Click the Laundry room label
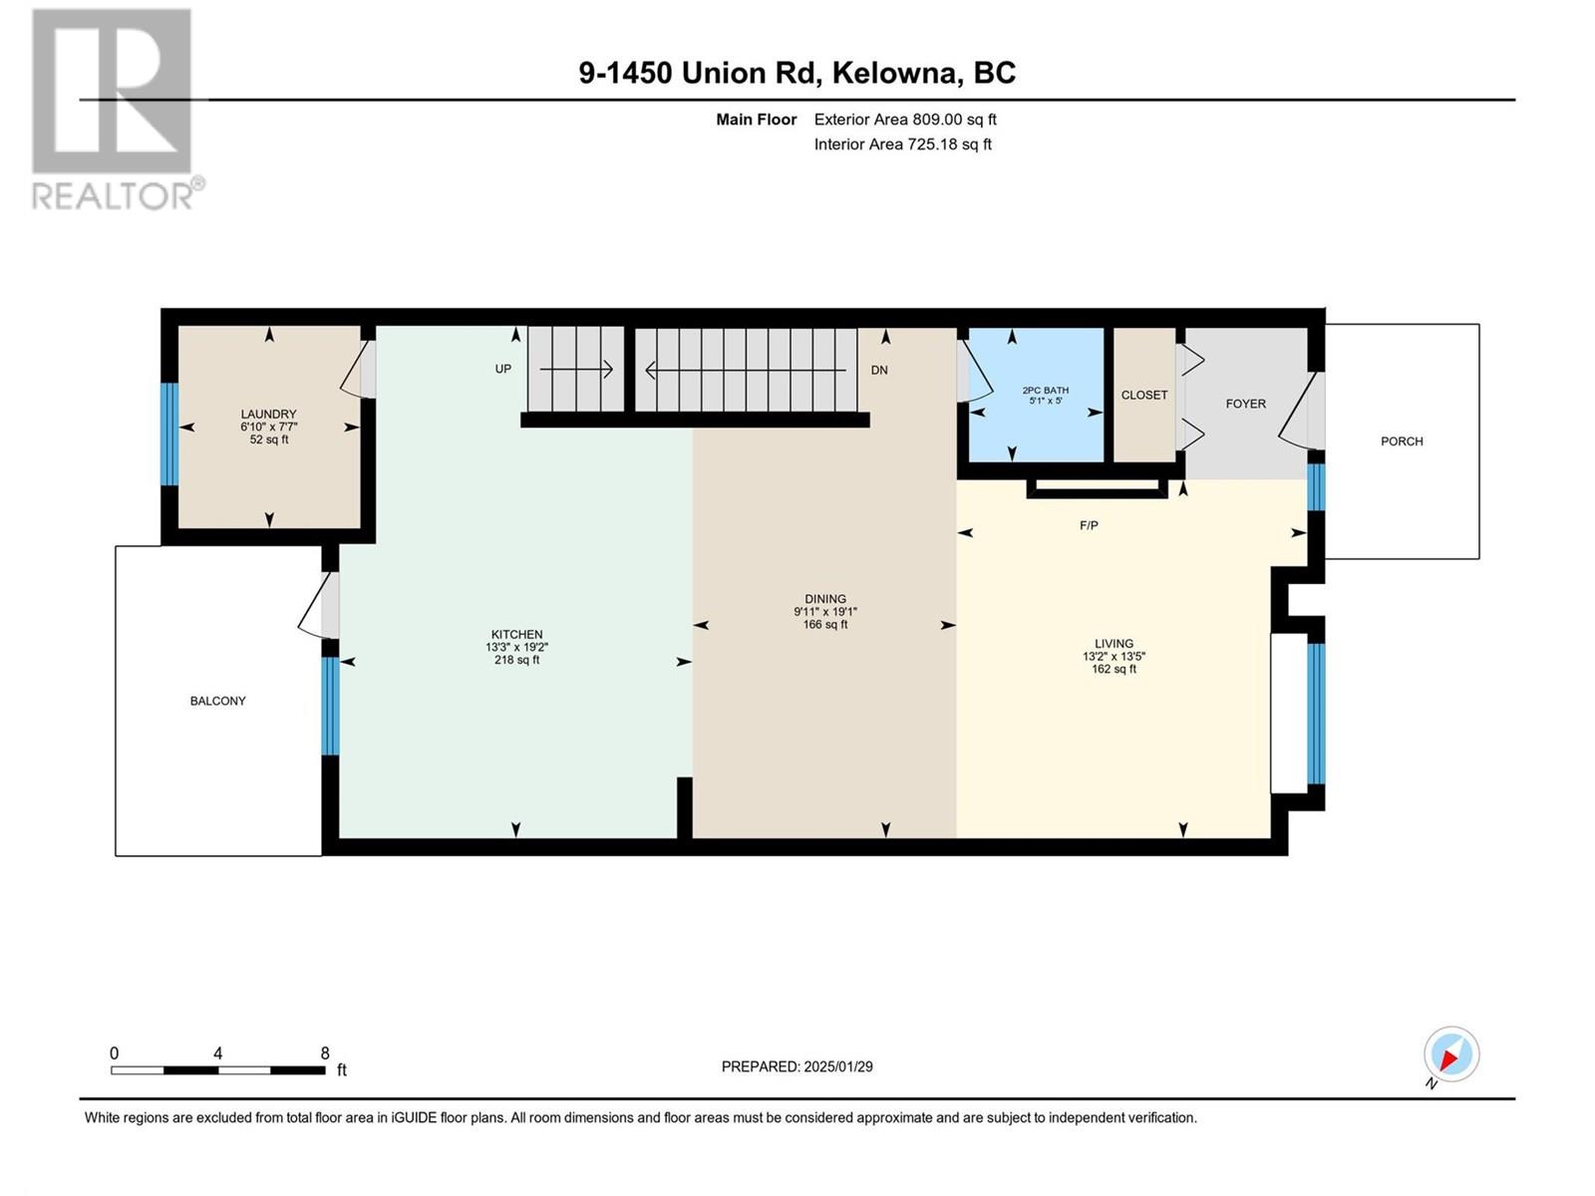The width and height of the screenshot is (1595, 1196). (269, 414)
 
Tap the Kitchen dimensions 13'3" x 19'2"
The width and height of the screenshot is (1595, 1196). (516, 647)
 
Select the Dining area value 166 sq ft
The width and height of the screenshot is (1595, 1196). (824, 625)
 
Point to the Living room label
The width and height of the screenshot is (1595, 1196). (1114, 644)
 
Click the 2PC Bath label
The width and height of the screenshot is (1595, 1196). (1045, 391)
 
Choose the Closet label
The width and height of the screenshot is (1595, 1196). (1144, 395)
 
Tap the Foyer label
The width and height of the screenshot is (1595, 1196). (1245, 404)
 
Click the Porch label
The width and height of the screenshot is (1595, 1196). (1402, 442)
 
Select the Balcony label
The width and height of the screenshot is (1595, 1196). (218, 701)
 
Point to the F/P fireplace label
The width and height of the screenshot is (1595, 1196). (1089, 526)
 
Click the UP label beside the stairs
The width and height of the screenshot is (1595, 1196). (502, 369)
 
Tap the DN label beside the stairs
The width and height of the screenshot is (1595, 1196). (879, 371)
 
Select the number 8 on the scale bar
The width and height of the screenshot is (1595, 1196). (325, 1052)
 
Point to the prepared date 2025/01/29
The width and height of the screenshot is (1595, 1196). (837, 1066)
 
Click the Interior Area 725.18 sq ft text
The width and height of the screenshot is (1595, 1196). (902, 145)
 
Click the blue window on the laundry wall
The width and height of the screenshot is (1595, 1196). (168, 435)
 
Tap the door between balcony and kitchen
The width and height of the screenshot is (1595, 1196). (320, 606)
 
